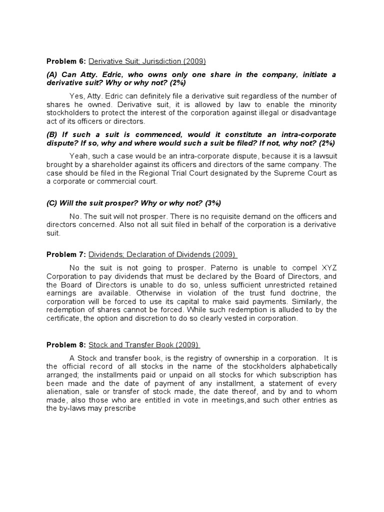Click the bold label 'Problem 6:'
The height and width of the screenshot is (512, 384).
[x=66, y=61]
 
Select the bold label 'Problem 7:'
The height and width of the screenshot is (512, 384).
[x=66, y=254]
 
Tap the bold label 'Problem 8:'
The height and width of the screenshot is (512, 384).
[x=66, y=345]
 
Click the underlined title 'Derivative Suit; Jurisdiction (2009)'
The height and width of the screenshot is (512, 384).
[x=147, y=61]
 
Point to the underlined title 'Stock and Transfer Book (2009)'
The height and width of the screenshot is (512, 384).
[x=144, y=345]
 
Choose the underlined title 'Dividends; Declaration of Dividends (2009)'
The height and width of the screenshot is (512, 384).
[x=162, y=254]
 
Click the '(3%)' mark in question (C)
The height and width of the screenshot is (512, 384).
[x=210, y=203]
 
